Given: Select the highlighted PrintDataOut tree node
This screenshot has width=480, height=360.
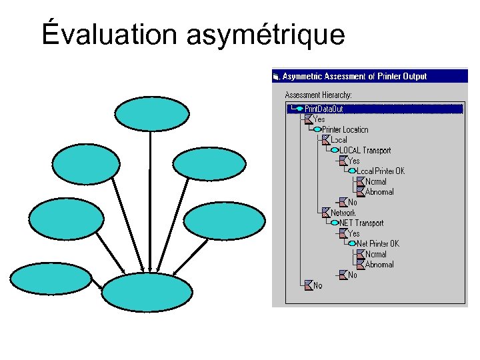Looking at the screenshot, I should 324,109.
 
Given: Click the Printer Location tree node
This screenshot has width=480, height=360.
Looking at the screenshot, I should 345,129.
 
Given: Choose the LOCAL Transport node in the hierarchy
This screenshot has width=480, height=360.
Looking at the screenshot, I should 365,150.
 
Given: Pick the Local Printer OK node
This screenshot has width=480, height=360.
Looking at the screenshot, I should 385,171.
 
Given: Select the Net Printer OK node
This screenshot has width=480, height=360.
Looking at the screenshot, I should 378,243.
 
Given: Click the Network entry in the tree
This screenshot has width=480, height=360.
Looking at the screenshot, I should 343,213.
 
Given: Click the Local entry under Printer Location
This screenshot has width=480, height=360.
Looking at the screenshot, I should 339,140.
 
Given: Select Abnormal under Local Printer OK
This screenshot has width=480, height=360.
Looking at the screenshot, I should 379,192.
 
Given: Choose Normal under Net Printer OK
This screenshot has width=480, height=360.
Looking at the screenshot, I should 375,254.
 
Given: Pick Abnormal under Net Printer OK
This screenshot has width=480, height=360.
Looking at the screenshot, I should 379,265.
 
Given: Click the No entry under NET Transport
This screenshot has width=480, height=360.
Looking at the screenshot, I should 352,275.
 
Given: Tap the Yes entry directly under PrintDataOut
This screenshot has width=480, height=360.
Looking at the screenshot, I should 319,119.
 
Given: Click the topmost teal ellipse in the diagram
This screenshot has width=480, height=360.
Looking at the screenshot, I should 147,114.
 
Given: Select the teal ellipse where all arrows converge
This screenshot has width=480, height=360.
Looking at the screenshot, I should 147,293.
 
